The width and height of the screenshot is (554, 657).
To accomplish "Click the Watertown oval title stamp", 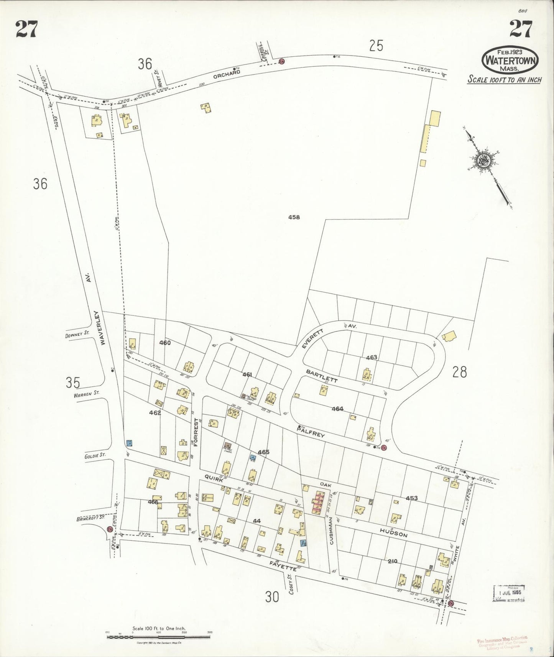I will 510,60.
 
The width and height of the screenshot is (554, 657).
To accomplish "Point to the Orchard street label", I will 227,74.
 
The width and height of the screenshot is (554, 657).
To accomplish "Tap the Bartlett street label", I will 321,376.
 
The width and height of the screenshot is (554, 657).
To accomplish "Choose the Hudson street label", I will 393,532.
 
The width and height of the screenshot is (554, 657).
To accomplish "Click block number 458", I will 294,217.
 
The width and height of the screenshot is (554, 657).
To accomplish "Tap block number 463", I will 371,357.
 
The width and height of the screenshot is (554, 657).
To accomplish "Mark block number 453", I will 411,498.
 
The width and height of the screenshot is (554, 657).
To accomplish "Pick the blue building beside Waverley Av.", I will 129,443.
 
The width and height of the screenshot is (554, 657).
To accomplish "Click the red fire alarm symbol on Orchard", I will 281,61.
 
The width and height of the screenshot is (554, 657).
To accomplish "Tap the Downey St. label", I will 77,334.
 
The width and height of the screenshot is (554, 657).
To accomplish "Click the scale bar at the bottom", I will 158,637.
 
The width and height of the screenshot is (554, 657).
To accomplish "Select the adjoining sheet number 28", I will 459,371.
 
